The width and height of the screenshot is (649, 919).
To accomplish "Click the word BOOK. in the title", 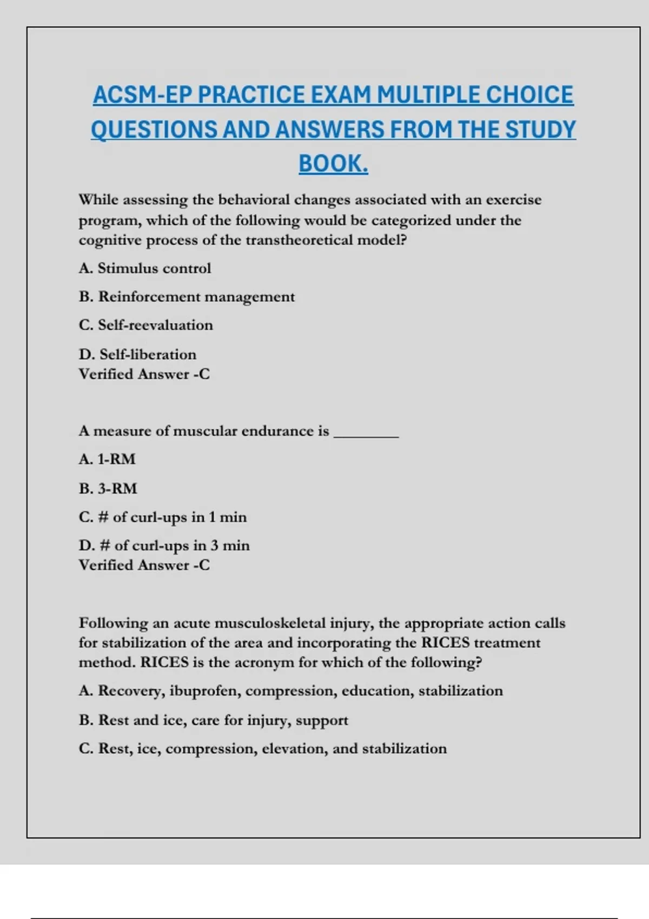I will click(333, 164).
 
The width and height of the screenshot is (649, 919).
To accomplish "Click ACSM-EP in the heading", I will click(143, 95).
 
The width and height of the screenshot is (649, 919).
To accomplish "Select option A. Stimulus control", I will click(145, 268).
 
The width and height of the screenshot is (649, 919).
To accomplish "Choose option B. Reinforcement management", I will click(187, 297).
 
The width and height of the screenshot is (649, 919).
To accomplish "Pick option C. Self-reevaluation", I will click(146, 325).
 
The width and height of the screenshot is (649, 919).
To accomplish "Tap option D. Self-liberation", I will click(137, 354).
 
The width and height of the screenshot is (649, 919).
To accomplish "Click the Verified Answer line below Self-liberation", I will click(144, 374).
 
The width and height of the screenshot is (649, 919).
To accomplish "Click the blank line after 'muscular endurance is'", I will click(366, 432).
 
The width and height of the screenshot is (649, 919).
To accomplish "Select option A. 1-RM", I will click(107, 459).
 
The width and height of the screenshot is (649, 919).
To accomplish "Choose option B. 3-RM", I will click(108, 488).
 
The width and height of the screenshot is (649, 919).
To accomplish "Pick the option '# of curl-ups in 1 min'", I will click(163, 517).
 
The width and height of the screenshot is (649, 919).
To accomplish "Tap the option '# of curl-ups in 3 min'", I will click(164, 545).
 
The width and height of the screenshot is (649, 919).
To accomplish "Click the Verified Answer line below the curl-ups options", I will click(144, 565).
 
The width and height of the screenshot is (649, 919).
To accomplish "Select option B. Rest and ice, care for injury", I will click(213, 720).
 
